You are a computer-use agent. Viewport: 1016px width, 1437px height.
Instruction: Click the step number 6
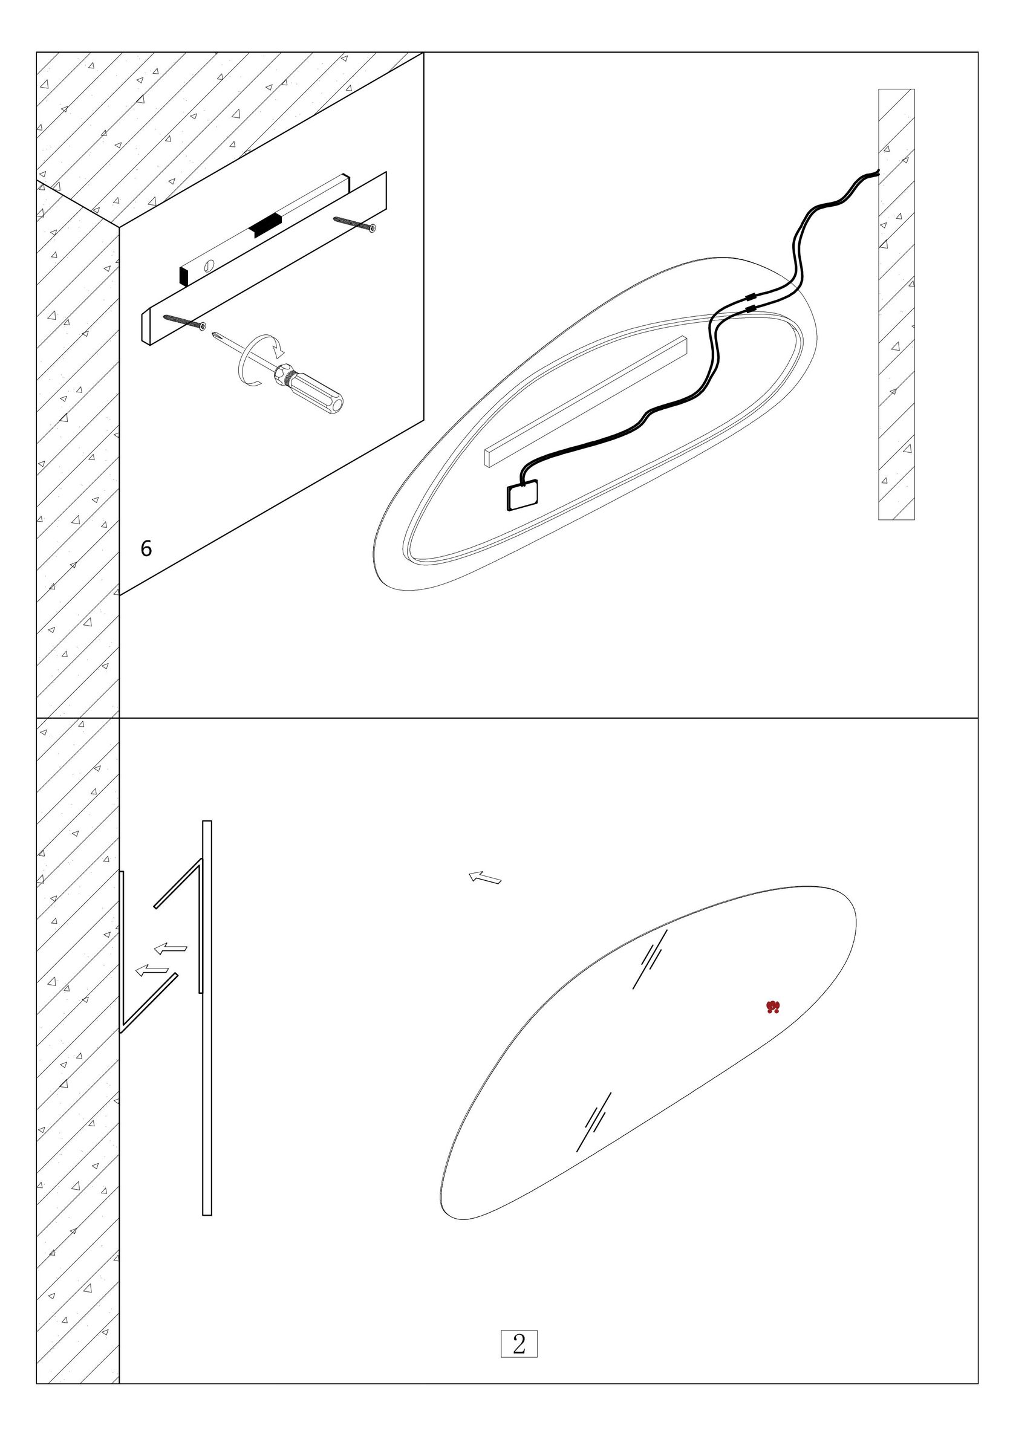click(146, 549)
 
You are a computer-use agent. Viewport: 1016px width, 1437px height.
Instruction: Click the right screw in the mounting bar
click(355, 224)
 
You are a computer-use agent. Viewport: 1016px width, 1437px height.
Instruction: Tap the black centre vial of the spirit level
click(265, 224)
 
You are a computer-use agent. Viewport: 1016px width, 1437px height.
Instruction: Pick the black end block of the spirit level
click(184, 276)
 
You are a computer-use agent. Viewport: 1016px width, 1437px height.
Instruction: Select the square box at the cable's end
click(523, 496)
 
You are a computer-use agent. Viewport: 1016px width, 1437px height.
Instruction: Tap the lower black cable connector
click(751, 308)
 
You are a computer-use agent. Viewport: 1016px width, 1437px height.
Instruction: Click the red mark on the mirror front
click(773, 1007)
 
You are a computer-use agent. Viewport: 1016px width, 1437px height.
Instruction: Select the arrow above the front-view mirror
click(485, 877)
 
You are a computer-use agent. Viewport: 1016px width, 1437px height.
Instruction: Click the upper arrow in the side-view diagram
click(171, 949)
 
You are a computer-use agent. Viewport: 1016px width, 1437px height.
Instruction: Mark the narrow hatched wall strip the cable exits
click(896, 304)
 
